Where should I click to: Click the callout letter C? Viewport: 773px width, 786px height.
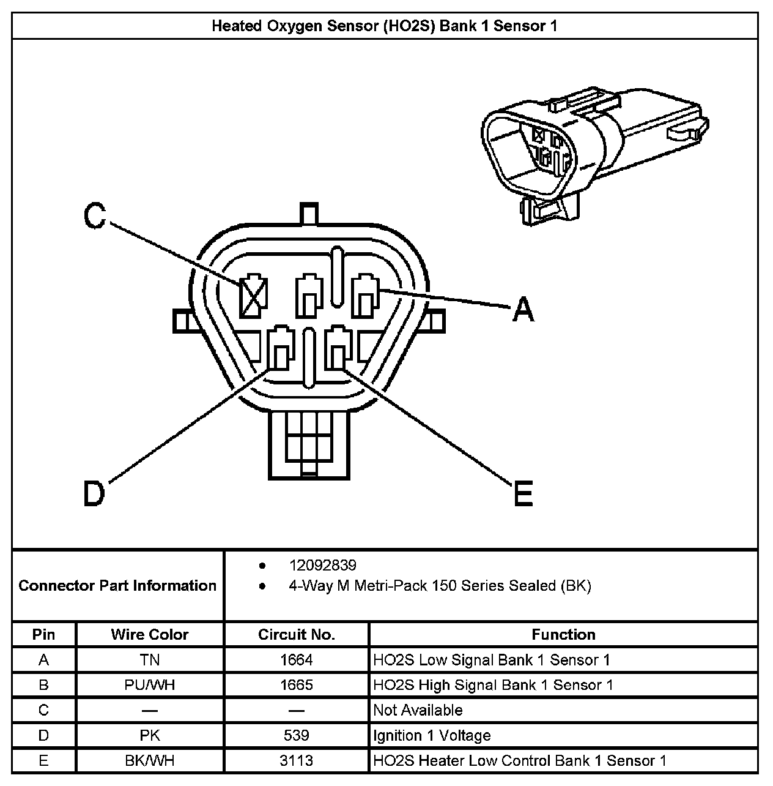95,216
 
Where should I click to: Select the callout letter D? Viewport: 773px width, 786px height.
94,493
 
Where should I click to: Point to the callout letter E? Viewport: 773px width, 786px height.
523,493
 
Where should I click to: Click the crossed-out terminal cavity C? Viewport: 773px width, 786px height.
253,297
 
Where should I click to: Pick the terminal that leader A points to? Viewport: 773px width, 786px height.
366,296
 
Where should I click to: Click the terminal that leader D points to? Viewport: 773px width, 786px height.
280,349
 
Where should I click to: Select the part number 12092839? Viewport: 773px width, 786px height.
322,565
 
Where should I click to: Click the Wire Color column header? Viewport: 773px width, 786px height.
150,634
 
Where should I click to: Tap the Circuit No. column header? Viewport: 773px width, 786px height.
297,634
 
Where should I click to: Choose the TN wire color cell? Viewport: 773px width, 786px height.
150,660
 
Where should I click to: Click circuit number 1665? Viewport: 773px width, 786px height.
297,685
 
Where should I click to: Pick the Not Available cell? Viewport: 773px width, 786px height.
418,710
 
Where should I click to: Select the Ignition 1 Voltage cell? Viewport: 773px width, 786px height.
432,735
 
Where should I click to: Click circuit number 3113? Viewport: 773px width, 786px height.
297,760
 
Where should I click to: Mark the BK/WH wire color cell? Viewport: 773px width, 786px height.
150,760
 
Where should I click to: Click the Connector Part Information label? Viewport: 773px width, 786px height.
117,586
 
